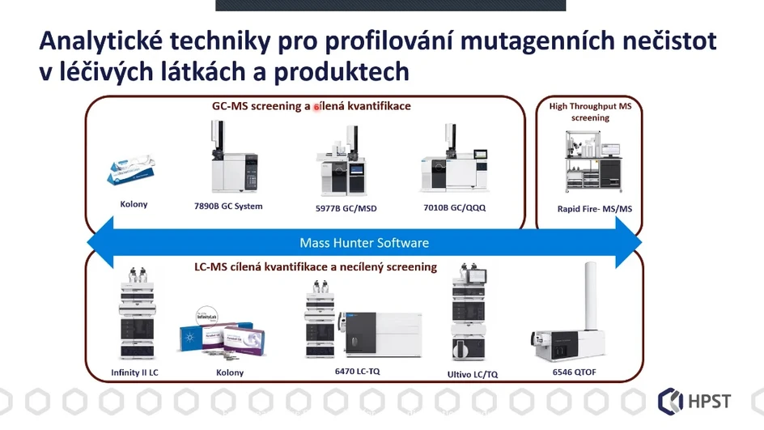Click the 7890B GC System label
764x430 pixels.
click(229, 206)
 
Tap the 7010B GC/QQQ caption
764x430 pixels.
click(454, 207)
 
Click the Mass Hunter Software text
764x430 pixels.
click(364, 243)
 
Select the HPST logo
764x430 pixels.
click(696, 400)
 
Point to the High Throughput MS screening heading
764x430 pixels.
click(590, 112)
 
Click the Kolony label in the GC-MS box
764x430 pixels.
click(134, 204)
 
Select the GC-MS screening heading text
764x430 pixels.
click(312, 106)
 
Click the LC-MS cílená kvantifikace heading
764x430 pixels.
click(316, 266)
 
